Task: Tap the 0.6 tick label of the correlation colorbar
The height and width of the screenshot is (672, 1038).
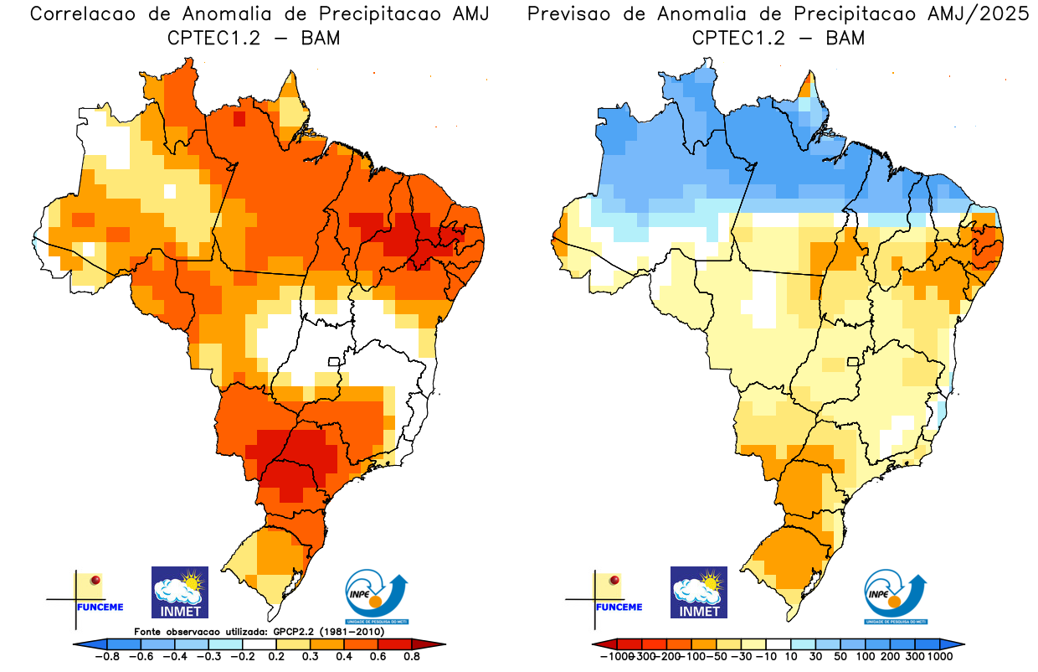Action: (x=377, y=657)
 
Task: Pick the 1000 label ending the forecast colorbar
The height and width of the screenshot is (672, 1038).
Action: (x=938, y=657)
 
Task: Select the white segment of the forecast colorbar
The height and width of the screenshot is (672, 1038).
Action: (x=778, y=644)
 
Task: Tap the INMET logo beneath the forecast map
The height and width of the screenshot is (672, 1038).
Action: (x=699, y=592)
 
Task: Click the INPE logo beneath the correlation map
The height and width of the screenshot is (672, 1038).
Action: (x=378, y=597)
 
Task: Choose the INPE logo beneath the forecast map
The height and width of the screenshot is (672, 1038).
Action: (x=896, y=597)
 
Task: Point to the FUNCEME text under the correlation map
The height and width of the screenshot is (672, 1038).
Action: (x=100, y=607)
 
